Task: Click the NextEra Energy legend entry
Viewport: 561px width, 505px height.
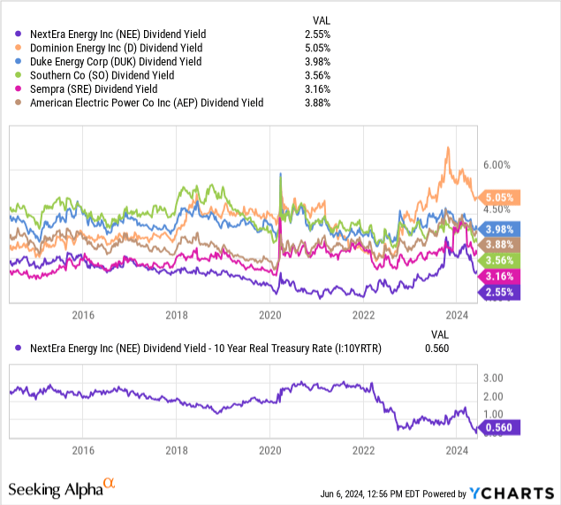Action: (116, 33)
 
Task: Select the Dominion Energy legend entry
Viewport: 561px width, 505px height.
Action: (116, 47)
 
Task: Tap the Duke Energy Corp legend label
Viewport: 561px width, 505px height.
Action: (115, 61)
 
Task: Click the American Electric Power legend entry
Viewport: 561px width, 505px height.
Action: (146, 103)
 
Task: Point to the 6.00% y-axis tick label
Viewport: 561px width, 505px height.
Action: (497, 165)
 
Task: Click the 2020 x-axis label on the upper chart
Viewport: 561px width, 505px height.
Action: (270, 315)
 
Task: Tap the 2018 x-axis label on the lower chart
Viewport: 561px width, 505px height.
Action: (177, 449)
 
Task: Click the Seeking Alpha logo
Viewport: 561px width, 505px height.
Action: (62, 488)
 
